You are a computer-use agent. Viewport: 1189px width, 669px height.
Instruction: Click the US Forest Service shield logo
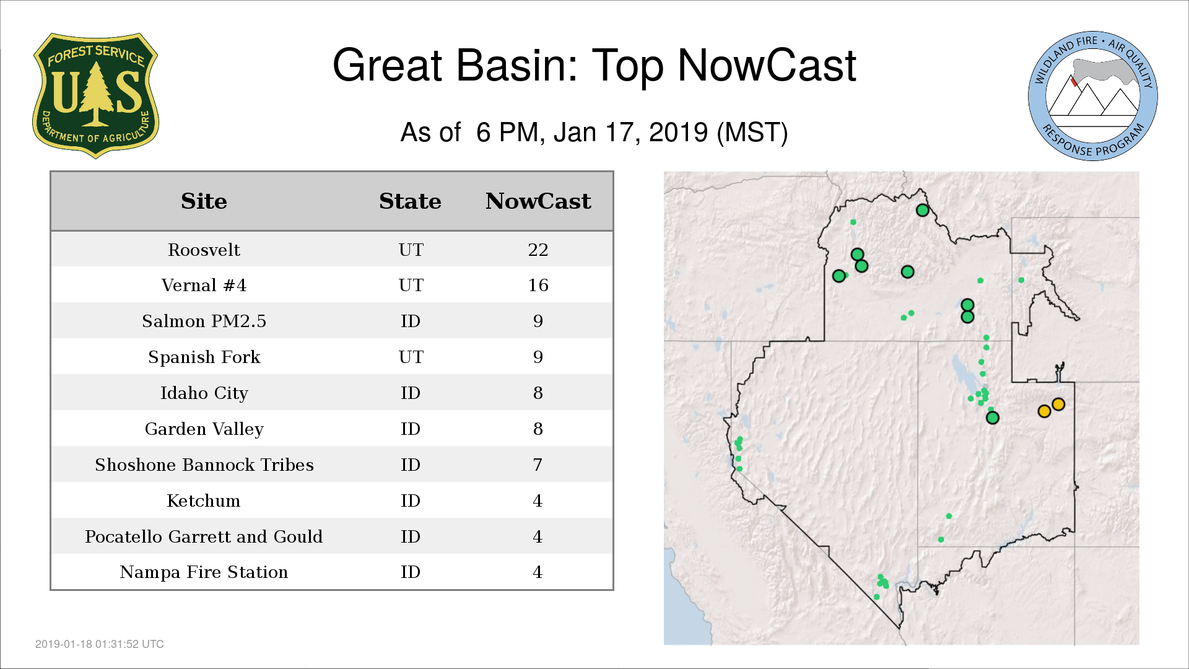[x=95, y=96]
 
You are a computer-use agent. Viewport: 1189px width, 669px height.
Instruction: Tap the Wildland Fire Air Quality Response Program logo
[x=1092, y=96]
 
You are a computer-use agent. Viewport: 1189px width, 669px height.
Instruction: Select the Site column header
[x=204, y=201]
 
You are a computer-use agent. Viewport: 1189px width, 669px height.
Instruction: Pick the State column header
[x=410, y=201]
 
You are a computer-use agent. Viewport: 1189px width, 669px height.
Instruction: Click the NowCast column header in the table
[x=538, y=201]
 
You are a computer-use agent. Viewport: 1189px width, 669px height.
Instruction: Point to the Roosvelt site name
[x=204, y=250]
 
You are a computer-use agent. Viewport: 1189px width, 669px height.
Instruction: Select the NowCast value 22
[x=538, y=250]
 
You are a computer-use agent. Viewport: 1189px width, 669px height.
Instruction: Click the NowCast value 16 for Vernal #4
[x=538, y=285]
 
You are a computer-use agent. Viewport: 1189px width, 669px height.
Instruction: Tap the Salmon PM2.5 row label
[x=204, y=321]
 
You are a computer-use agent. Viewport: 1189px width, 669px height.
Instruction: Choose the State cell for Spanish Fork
[x=411, y=357]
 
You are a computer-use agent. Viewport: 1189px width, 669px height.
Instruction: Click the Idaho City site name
[x=204, y=393]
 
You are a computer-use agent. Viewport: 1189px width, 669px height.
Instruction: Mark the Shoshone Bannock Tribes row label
[x=204, y=465]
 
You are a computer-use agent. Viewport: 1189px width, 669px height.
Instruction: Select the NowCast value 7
[x=538, y=465]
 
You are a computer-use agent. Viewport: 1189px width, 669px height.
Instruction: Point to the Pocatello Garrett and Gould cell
[x=204, y=536]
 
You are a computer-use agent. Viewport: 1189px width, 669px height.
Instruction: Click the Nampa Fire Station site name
[x=204, y=572]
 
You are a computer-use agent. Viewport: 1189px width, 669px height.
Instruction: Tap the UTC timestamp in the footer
[x=100, y=644]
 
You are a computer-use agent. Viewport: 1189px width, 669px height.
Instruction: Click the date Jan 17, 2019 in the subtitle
[x=630, y=133]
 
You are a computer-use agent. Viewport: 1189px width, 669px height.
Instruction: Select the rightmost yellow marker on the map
[x=1058, y=404]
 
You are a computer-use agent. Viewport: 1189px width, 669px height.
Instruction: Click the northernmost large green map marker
[x=922, y=210]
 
